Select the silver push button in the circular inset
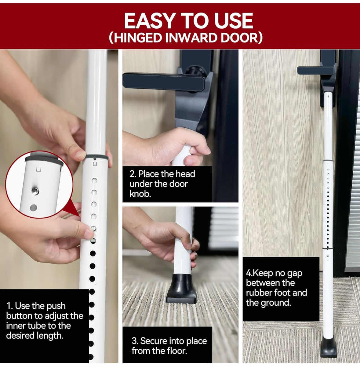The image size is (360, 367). point(35,191)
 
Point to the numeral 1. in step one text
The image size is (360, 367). point(9,306)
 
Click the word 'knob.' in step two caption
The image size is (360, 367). point(140,194)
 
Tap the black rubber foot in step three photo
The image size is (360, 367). point(181,289)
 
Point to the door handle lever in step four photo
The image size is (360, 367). point(315,71)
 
